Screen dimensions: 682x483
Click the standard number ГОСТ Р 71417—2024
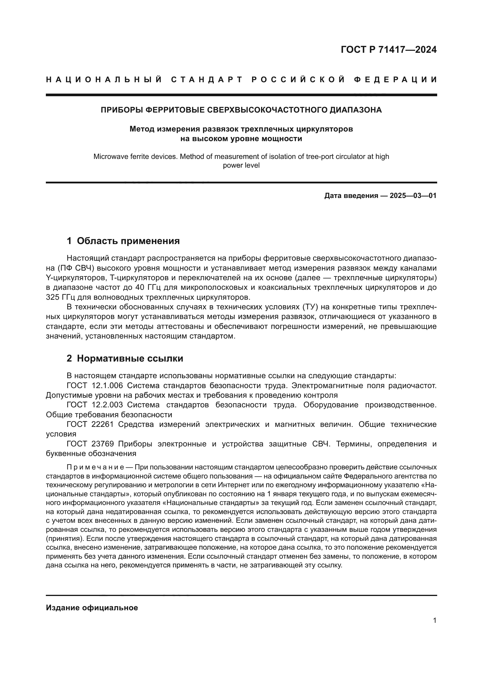[388, 50]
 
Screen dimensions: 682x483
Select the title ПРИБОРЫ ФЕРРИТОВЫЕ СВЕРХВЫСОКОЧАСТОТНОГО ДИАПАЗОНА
[241, 110]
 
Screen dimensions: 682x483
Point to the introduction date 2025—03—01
[413, 196]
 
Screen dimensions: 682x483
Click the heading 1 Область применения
[123, 241]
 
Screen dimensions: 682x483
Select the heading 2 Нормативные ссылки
[125, 359]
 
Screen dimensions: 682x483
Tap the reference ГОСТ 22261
[90, 425]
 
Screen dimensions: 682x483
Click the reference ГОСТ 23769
[90, 444]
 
